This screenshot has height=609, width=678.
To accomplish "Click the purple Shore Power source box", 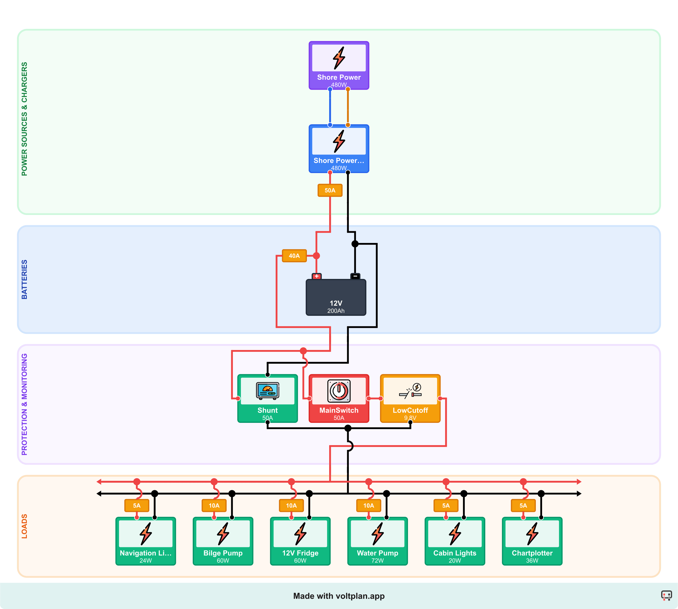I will tap(339, 65).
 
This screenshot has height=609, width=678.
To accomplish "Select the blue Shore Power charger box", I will tap(339, 148).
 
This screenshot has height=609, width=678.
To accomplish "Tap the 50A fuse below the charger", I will tap(330, 190).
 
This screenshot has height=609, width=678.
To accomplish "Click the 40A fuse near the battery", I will tap(294, 256).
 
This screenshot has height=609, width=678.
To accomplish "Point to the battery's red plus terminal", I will tap(316, 276).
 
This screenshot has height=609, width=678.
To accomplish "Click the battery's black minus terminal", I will tap(355, 276).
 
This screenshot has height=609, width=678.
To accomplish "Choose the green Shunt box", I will tap(267, 398).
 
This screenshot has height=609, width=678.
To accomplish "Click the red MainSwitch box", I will tap(339, 398).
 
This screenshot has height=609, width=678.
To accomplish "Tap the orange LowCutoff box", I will tap(410, 398).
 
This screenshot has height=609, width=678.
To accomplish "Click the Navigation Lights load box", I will tap(146, 541).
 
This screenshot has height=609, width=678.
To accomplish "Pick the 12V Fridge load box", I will tap(300, 541).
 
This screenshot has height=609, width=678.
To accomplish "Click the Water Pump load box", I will tap(377, 541).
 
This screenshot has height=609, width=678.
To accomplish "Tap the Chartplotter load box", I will tap(532, 541).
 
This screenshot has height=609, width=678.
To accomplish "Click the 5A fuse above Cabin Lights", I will tap(446, 506).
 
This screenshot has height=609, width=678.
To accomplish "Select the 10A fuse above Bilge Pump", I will tap(214, 506).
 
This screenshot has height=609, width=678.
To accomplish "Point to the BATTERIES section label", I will tap(24, 280).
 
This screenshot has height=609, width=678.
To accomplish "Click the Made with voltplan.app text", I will tap(339, 596).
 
